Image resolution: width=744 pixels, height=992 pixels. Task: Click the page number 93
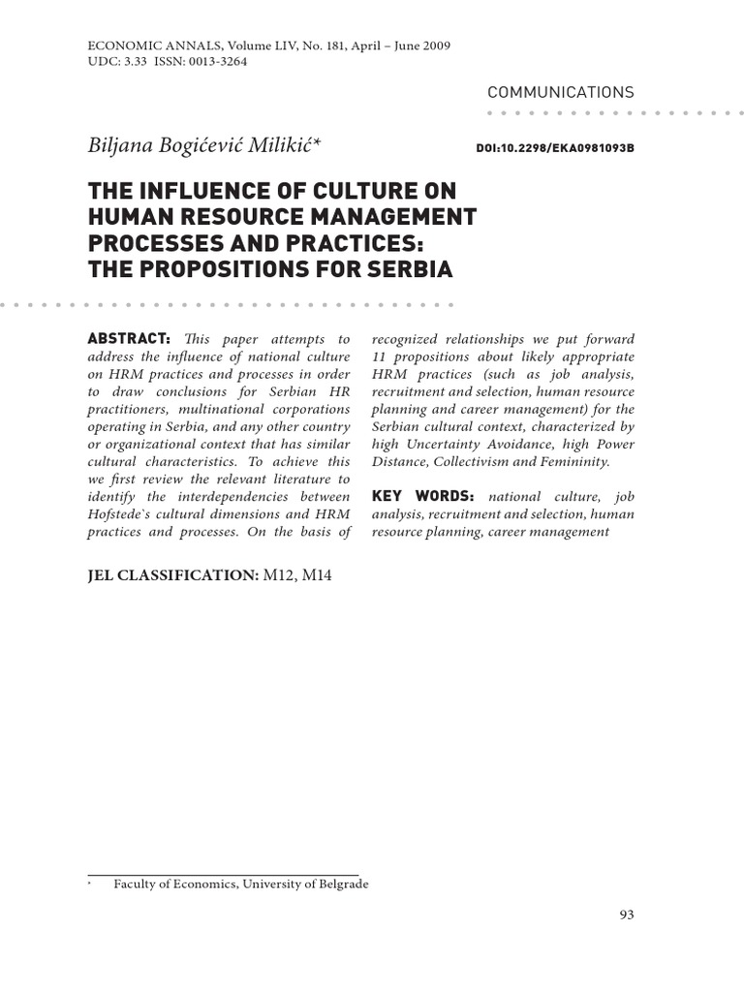click(625, 914)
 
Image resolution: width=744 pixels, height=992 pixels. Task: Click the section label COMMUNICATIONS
click(561, 92)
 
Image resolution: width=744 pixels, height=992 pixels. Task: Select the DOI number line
click(555, 150)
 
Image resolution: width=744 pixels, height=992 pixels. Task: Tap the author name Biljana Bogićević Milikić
click(205, 145)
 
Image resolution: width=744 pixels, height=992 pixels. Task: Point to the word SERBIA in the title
click(408, 268)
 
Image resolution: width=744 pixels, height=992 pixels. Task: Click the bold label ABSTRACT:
click(129, 339)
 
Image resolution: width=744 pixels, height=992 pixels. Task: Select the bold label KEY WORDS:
click(422, 497)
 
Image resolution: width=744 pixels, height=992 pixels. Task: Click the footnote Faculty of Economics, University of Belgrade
click(241, 883)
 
